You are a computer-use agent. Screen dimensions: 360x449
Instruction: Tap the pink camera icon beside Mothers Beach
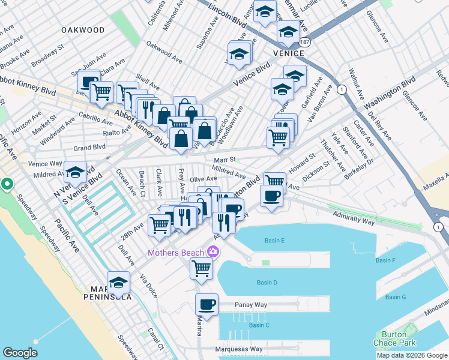(x=212, y=251)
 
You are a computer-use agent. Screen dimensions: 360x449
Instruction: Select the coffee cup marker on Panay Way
(x=207, y=304)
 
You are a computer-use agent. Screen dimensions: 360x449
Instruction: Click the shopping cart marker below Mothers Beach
(x=201, y=268)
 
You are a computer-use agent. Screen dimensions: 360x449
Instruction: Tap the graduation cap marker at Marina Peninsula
(x=118, y=281)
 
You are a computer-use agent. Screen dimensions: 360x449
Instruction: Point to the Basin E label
(x=274, y=241)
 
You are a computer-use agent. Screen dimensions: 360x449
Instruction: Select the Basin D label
(x=267, y=282)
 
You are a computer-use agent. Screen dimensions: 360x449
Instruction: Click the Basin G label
(x=396, y=297)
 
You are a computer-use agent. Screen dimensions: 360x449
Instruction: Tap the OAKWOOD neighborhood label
(x=83, y=29)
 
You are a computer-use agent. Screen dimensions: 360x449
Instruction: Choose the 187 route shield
(x=305, y=43)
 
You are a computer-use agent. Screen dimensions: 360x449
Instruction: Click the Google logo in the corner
(x=20, y=353)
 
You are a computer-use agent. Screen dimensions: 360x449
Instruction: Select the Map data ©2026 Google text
(x=412, y=355)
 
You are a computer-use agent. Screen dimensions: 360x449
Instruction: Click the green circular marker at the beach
(x=8, y=184)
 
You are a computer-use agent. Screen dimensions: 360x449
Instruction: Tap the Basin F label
(x=385, y=260)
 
